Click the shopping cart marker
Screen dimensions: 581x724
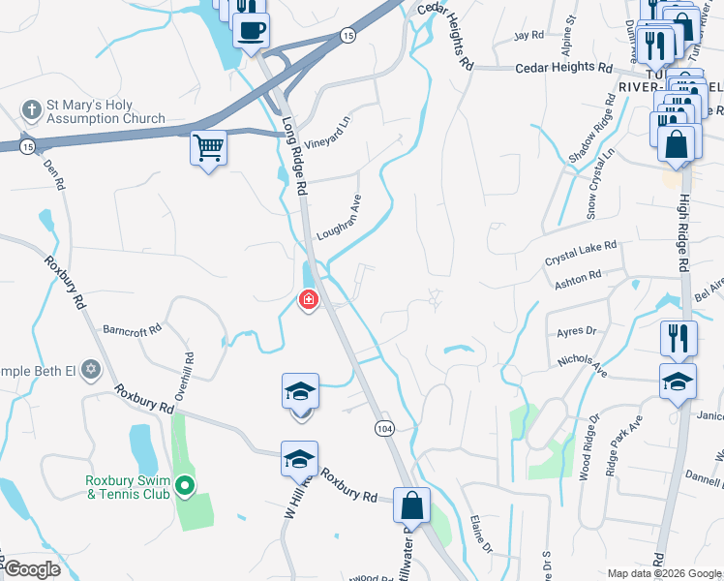pos(208,149)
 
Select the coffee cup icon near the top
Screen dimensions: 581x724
pos(251,29)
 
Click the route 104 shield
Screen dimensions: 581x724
pos(383,427)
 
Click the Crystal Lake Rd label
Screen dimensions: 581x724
pos(581,255)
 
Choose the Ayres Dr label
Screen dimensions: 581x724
pos(577,331)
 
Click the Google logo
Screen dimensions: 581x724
pos(32,570)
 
